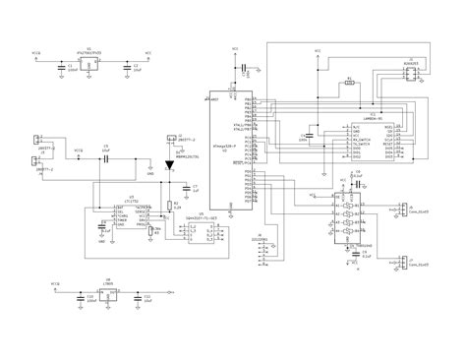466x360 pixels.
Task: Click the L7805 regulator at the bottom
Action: point(108,292)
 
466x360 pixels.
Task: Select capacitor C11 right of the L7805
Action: point(140,295)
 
